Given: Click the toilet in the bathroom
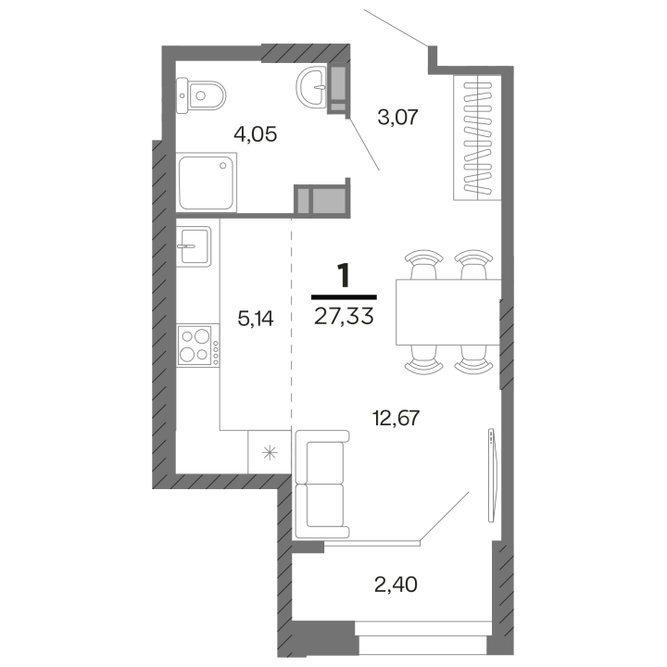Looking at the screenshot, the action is [x=201, y=95].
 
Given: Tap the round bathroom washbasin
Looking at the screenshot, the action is [x=311, y=87].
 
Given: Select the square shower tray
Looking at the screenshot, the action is [x=207, y=182].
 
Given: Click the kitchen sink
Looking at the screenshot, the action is [x=194, y=245].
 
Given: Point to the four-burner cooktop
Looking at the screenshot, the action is [x=198, y=345].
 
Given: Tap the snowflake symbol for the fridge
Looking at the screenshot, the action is [x=270, y=452].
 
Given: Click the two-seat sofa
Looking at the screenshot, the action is [x=321, y=485].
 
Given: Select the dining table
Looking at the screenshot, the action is [x=448, y=311].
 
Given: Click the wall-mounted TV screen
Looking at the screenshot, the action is [x=492, y=475].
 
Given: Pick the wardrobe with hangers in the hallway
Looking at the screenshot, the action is [x=477, y=137].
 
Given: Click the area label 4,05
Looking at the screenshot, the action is [x=256, y=134].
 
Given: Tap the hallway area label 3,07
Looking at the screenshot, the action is [x=398, y=117].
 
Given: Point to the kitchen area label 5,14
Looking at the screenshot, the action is [x=256, y=319].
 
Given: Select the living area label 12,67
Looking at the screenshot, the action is [x=396, y=418].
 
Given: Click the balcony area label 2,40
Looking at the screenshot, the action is [x=396, y=585].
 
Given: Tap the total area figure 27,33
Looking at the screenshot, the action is [x=344, y=316].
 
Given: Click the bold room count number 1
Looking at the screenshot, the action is [x=344, y=275].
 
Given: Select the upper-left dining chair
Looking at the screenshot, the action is [x=423, y=264].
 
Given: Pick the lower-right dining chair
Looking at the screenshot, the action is [x=473, y=359].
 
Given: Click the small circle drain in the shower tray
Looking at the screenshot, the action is [x=223, y=166].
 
